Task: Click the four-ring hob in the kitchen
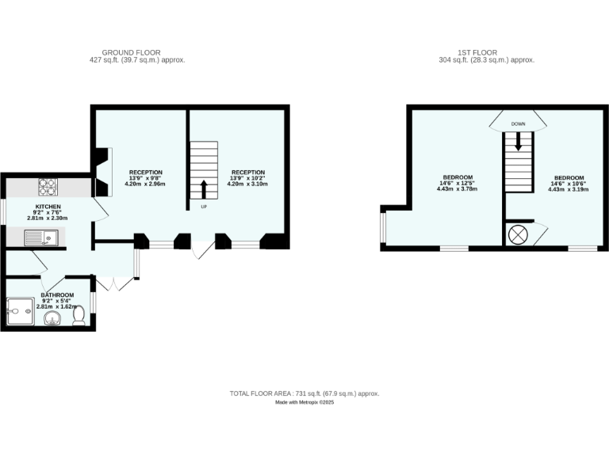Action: [x=47, y=188]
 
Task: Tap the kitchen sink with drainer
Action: [x=39, y=237]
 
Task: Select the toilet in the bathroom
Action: [x=79, y=316]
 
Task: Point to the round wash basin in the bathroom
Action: [x=52, y=318]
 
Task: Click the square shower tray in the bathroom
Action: [x=21, y=313]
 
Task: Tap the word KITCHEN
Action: [x=48, y=207]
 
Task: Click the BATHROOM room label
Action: [x=57, y=295]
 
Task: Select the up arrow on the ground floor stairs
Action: [x=203, y=189]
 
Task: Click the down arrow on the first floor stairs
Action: [x=519, y=142]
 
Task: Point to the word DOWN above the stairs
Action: [x=519, y=124]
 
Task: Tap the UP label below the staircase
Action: [x=203, y=206]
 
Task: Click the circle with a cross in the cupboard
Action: [x=518, y=235]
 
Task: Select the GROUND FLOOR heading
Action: [x=138, y=52]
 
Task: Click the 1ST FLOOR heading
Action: [x=487, y=52]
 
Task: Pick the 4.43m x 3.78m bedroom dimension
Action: [x=458, y=189]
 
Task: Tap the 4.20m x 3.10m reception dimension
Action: [x=247, y=184]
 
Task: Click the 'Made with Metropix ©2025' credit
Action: [x=304, y=402]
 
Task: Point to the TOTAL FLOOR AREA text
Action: [x=304, y=393]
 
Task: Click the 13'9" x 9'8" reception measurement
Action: [x=146, y=178]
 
